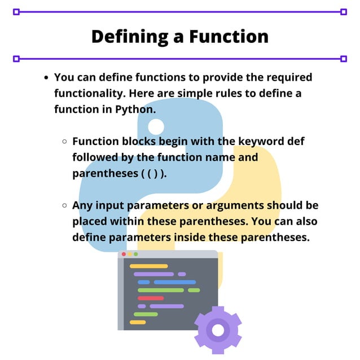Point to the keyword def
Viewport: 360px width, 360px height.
[293, 141]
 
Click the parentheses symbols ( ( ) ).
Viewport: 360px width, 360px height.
[153, 173]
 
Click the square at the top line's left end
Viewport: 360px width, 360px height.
[16, 11]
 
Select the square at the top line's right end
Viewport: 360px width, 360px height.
[344, 11]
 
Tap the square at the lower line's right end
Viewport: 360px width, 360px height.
[344, 58]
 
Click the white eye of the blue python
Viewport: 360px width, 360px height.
[156, 126]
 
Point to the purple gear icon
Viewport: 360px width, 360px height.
[218, 330]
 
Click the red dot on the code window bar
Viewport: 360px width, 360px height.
[124, 254]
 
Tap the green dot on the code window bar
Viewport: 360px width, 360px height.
[135, 254]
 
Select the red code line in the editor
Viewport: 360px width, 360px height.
[150, 298]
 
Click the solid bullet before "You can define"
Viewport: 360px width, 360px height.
[46, 77]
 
